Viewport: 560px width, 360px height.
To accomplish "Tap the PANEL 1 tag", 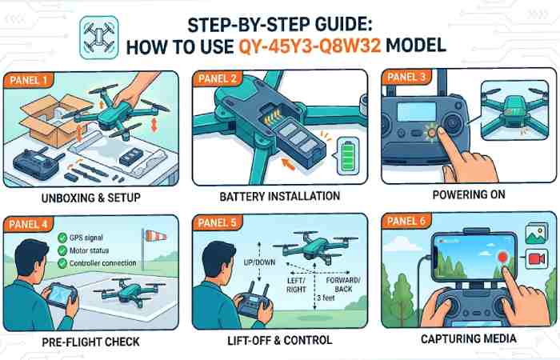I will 29,79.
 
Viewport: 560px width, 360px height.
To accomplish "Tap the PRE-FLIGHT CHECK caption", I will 93,342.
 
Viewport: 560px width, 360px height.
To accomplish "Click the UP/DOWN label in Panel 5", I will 258,262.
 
